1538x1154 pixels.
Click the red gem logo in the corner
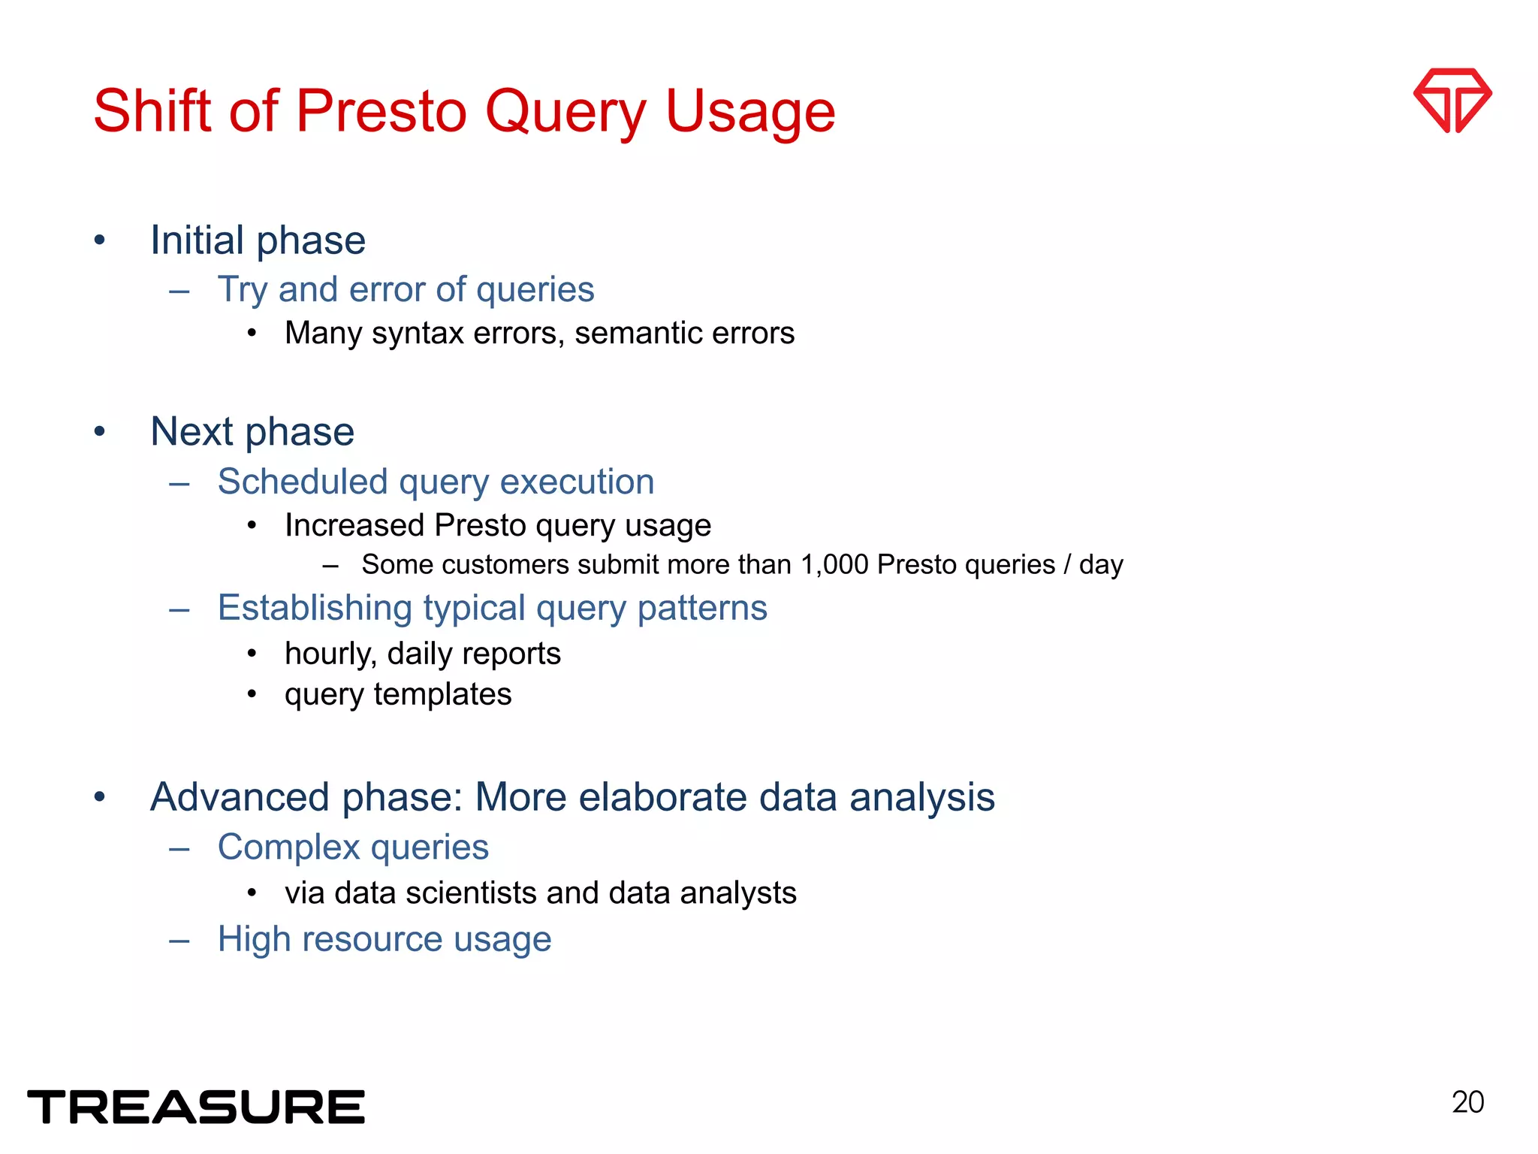point(1452,100)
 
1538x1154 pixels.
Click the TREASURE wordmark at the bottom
point(196,1107)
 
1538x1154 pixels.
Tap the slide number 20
point(1467,1102)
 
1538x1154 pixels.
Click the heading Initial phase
point(258,240)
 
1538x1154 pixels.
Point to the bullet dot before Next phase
point(100,431)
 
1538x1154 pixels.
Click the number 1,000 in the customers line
point(834,565)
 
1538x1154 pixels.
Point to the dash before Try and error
point(179,290)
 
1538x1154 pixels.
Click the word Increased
point(354,525)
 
